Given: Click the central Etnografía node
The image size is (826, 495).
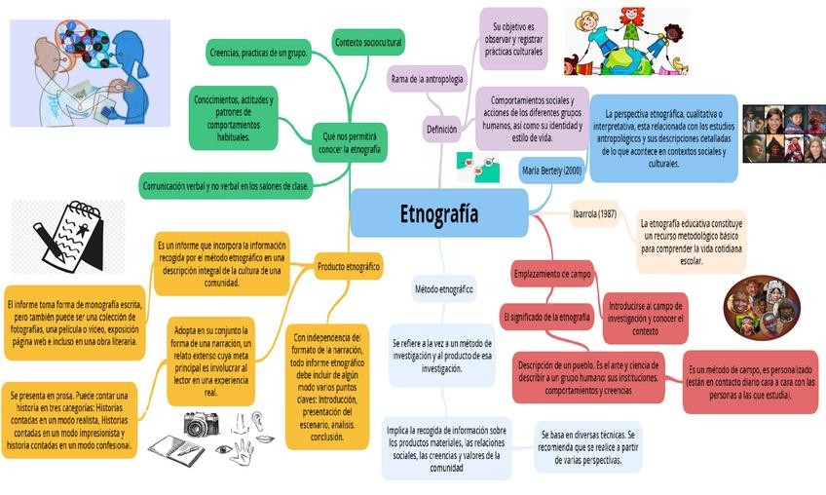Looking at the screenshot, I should (438, 213).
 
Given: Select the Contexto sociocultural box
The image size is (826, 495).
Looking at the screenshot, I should (368, 43).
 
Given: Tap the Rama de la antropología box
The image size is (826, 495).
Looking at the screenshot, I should (426, 78).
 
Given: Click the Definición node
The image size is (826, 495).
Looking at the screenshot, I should (441, 129).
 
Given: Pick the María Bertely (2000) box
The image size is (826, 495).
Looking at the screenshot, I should (551, 171).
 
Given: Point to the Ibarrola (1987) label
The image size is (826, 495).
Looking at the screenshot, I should (594, 213).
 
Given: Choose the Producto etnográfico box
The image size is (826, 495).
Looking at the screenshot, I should (348, 265).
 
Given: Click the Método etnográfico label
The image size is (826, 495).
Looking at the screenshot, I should (444, 289).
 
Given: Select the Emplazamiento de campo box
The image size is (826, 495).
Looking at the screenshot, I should (552, 275).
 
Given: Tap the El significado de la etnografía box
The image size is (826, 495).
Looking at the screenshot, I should (546, 317).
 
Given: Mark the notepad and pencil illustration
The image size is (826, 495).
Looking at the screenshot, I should (68, 236).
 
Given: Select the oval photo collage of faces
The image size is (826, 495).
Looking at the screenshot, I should (762, 307).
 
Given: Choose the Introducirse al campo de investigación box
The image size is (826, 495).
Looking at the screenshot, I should (645, 318).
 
